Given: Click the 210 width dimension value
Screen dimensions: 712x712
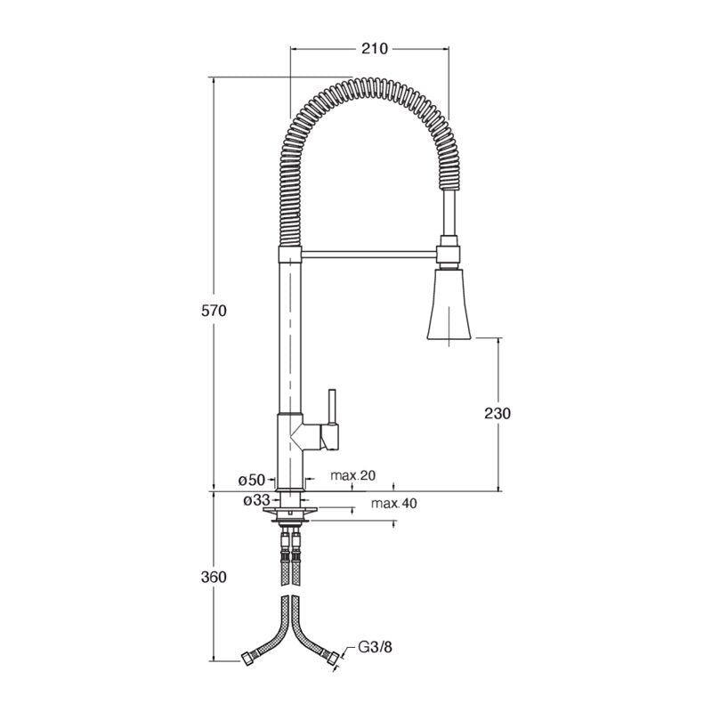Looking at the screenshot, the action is pos(375,48).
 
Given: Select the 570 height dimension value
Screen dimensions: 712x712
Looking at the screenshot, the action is pos(214,311).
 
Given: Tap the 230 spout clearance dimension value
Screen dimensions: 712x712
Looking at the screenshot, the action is pos(498,413).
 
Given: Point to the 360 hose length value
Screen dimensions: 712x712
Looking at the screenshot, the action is pos(214,577).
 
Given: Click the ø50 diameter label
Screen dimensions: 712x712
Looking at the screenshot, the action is pos(251,480).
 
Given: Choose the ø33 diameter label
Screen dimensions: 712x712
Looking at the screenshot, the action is pos(256,500).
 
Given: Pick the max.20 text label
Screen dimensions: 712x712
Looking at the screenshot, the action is pos(352,475).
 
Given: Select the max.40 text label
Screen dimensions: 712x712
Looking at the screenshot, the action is pos(393,503).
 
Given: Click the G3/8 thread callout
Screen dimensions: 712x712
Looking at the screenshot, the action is pos(375,647).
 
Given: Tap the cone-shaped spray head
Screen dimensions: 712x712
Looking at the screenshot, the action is pos(449,304).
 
